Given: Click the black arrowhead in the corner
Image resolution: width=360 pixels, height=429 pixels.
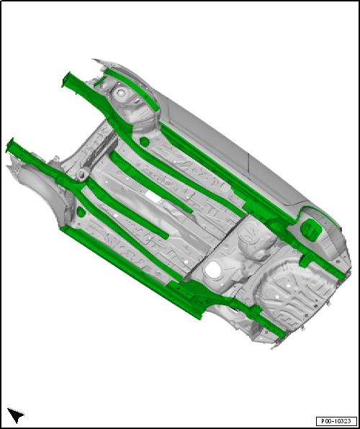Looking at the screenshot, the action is point(16,415).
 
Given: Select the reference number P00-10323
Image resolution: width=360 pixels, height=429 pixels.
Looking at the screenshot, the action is point(336,421).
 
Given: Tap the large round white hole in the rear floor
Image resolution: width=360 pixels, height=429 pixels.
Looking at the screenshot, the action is point(213,270).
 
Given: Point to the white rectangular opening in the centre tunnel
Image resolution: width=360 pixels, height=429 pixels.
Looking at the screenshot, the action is point(153,197).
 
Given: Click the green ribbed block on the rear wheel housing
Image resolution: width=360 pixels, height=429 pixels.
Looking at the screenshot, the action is point(312,230).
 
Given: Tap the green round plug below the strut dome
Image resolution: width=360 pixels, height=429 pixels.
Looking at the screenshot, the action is point(144,142).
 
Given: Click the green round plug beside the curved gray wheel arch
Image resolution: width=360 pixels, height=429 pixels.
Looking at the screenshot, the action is point(81,212).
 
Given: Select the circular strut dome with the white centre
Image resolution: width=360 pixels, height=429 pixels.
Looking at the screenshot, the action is point(120,94).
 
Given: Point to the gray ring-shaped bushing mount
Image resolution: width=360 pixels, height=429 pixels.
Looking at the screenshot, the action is point(81,174).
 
